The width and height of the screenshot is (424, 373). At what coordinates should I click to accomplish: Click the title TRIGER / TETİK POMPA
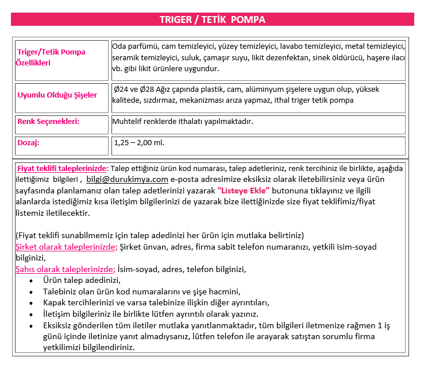212,20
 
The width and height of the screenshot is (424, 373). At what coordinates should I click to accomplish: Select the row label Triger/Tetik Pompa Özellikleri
51,57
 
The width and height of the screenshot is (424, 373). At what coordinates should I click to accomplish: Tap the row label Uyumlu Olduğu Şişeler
57,95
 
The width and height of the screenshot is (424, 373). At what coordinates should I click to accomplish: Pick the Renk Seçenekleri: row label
48,121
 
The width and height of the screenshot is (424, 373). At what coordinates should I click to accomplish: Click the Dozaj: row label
28,142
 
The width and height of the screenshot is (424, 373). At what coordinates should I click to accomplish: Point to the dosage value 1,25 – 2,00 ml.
139,142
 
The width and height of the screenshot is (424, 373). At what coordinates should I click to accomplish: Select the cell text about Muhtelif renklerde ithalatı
183,122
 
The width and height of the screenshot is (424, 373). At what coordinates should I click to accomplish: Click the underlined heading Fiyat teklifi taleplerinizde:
63,168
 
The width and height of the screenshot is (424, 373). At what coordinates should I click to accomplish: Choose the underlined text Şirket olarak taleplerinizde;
66,247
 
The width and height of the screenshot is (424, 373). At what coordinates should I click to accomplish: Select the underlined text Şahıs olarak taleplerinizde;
65,269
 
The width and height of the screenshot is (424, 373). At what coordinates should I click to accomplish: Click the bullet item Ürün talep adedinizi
82,280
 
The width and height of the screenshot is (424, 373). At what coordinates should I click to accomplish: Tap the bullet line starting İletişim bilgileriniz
151,314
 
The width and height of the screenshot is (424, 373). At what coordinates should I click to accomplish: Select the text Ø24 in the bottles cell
122,90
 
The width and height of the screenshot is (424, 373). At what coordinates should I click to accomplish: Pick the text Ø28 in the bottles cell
150,90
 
